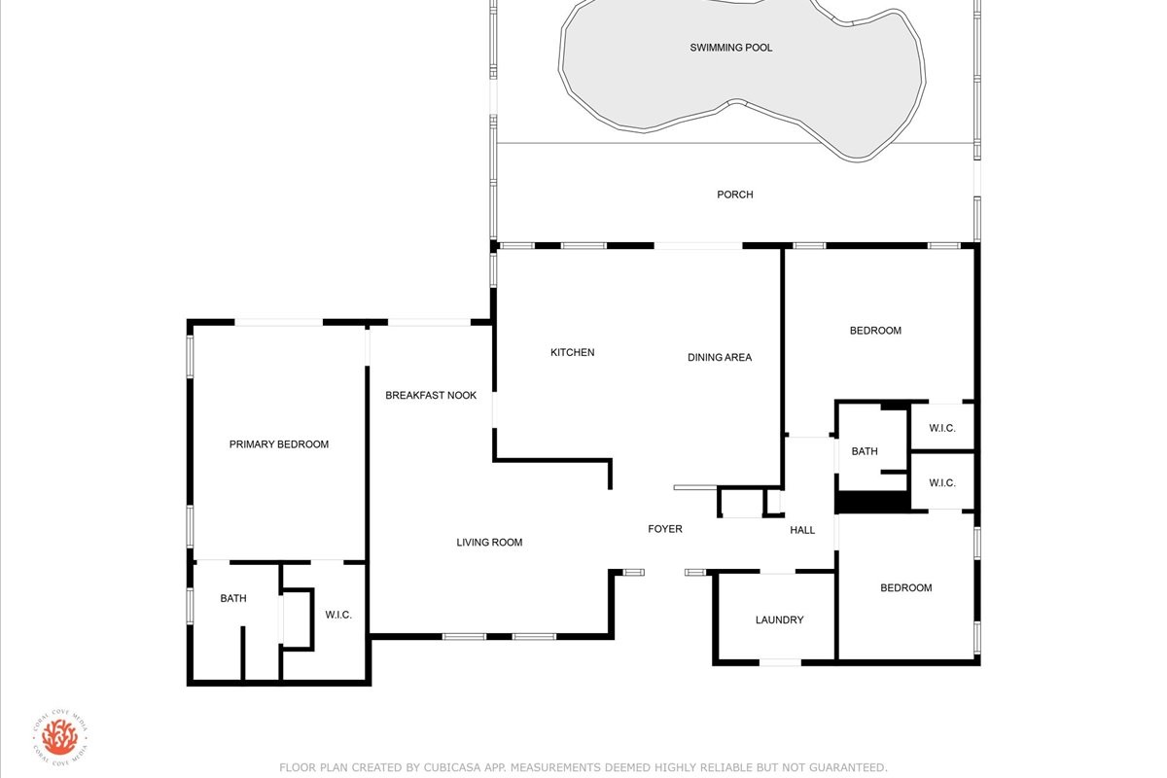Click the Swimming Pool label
point(731,48)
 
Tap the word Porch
point(735,194)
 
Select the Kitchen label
point(572,352)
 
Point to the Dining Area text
point(720,357)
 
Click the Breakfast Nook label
point(431,395)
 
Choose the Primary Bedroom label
point(279,444)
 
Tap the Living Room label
point(489,542)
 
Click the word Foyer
point(665,529)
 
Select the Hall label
point(802,530)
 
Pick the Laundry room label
point(779,619)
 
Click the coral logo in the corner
point(60,737)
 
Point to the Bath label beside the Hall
point(865,451)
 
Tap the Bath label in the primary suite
point(232,598)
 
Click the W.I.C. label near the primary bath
point(338,615)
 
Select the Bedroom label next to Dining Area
point(875,331)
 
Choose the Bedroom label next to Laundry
point(906,587)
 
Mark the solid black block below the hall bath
point(873,502)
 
